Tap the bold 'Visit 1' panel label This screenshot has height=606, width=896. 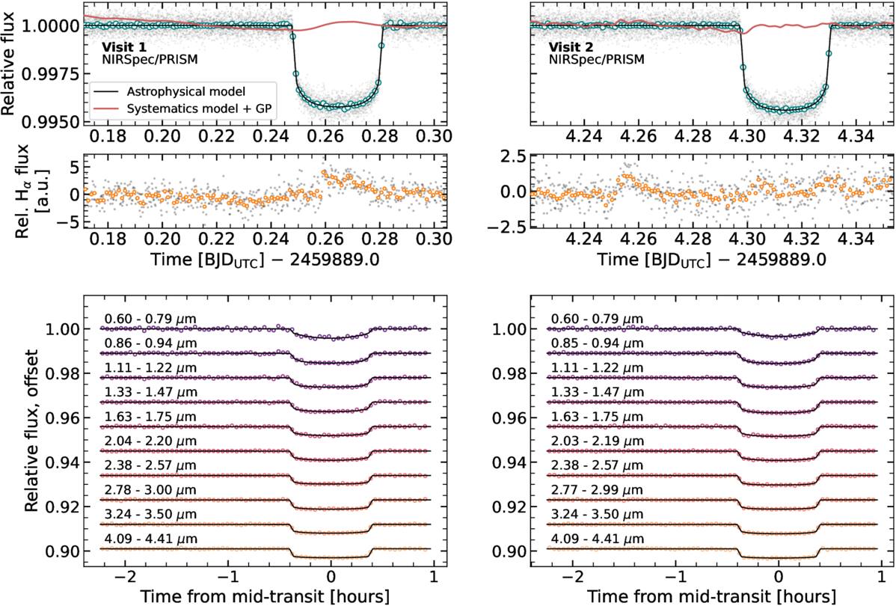click(123, 43)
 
